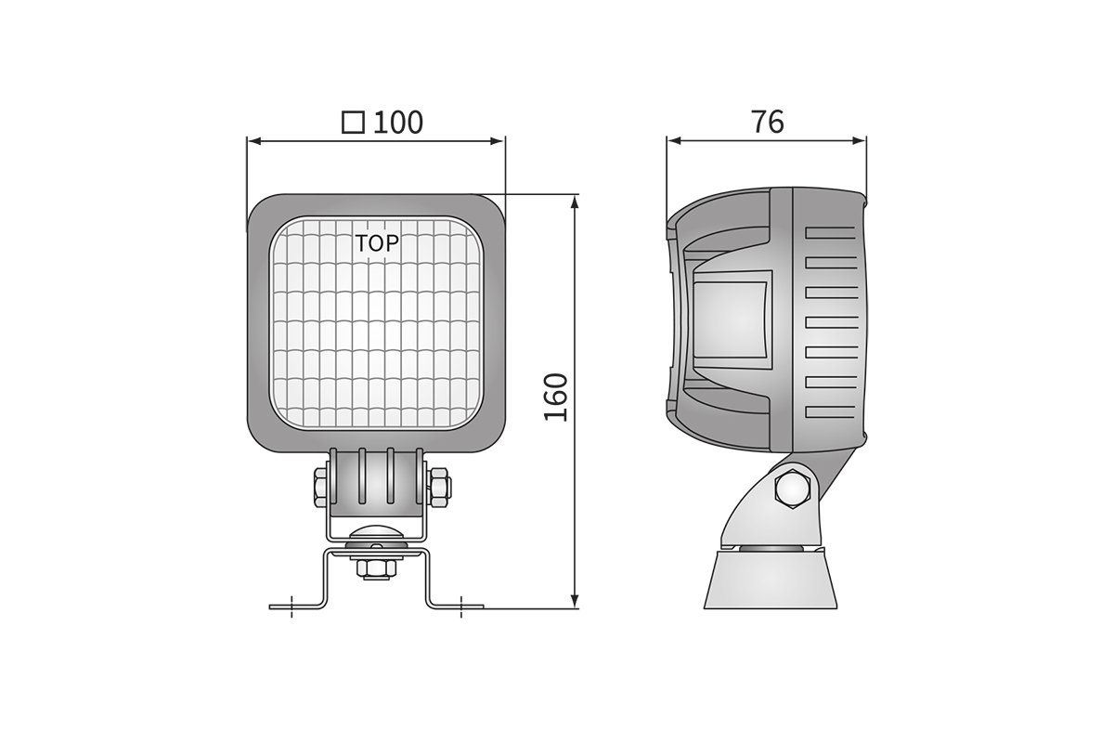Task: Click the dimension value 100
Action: pos(398,123)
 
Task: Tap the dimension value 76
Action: pos(768,122)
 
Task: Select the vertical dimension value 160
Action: pos(556,398)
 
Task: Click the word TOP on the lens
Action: pos(377,243)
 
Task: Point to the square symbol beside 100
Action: pos(353,123)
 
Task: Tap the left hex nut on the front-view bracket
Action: pos(320,487)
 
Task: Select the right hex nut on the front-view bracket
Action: pos(441,487)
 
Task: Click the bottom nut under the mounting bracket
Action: pos(376,567)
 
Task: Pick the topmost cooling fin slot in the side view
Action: pos(830,233)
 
